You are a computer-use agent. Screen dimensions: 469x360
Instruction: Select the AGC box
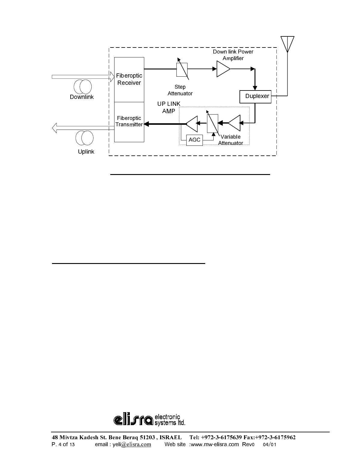(x=194, y=140)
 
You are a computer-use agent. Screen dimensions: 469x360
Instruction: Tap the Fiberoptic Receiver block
(x=129, y=79)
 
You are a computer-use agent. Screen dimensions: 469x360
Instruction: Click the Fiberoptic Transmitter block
(x=129, y=122)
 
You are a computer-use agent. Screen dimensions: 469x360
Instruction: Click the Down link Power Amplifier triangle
(x=223, y=69)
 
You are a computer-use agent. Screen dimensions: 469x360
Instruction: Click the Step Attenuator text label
(x=180, y=90)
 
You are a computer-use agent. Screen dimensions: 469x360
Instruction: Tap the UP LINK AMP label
(x=169, y=107)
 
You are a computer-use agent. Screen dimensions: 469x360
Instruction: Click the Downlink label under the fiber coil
(x=82, y=97)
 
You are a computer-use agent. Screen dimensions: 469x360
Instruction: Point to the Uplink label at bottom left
(x=86, y=152)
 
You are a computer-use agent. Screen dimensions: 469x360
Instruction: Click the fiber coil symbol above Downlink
(x=82, y=87)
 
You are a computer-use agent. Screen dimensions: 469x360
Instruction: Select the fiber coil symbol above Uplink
(x=84, y=138)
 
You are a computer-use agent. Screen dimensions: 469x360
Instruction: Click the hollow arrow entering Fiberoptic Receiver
(x=81, y=77)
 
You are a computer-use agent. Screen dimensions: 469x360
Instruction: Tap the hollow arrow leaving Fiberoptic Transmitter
(x=83, y=127)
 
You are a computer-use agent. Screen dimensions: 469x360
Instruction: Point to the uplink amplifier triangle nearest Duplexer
(x=235, y=123)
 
